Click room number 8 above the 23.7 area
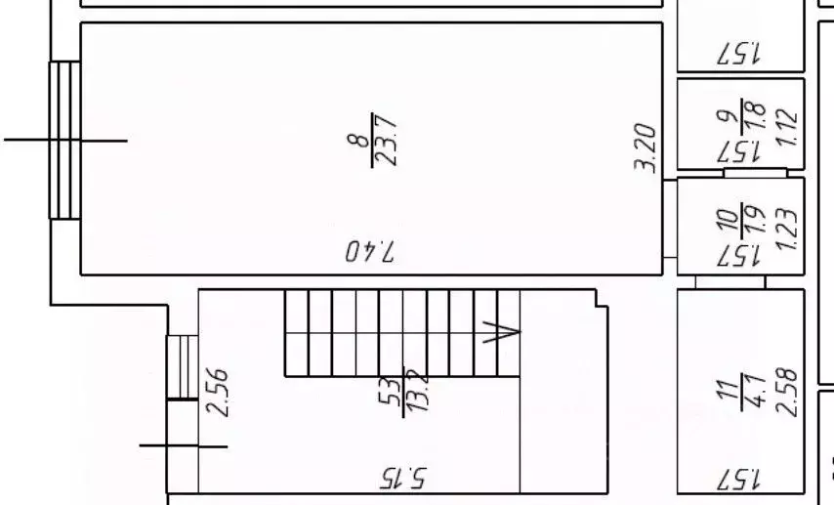pyautogui.click(x=358, y=140)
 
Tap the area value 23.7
pyautogui.click(x=386, y=141)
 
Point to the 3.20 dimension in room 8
pyautogui.click(x=646, y=147)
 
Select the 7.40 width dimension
pyautogui.click(x=371, y=251)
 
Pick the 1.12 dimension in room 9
pyautogui.click(x=786, y=128)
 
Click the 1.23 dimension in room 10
pyautogui.click(x=786, y=229)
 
